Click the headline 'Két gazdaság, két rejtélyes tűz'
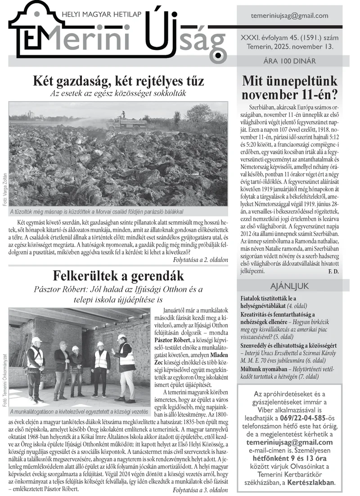118,81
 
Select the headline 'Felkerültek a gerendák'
118,275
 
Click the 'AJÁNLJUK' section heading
289,286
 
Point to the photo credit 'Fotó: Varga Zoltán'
5,189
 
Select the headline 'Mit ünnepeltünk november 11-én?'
290,88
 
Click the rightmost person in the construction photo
125,366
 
